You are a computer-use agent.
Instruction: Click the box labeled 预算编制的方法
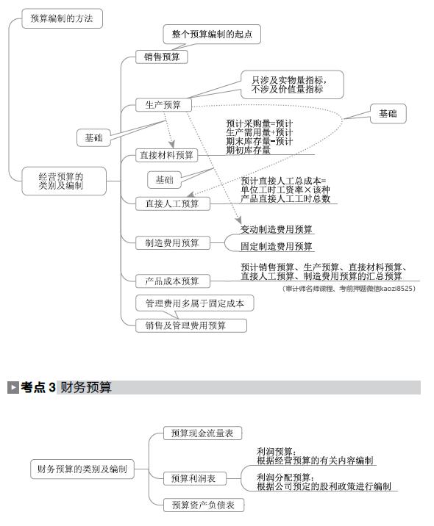tap(62, 18)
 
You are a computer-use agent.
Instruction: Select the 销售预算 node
tap(162, 57)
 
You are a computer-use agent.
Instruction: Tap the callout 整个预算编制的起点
tap(212, 34)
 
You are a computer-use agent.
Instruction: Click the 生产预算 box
tap(163, 105)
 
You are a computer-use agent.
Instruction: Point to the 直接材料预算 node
tap(167, 155)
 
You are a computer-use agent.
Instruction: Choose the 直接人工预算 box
tap(173, 203)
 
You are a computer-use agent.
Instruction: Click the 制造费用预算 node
tap(173, 243)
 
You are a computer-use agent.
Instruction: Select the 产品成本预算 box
tap(173, 281)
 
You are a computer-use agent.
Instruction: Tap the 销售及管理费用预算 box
tap(191, 325)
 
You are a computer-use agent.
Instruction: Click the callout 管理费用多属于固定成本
tap(194, 303)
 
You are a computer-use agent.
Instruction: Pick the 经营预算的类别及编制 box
tap(64, 181)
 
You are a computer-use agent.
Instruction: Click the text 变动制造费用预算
tap(277, 229)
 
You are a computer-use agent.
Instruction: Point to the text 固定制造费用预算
tap(277, 247)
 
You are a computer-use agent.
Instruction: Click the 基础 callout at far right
tap(388, 114)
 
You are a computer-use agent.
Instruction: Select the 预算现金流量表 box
tap(202, 433)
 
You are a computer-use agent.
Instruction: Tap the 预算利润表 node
tap(194, 478)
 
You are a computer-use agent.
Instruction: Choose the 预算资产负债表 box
tap(204, 505)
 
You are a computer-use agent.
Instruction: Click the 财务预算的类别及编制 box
tap(82, 469)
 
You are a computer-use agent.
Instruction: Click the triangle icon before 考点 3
tap(13, 387)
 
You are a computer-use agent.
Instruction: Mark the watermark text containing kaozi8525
tap(349, 289)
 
